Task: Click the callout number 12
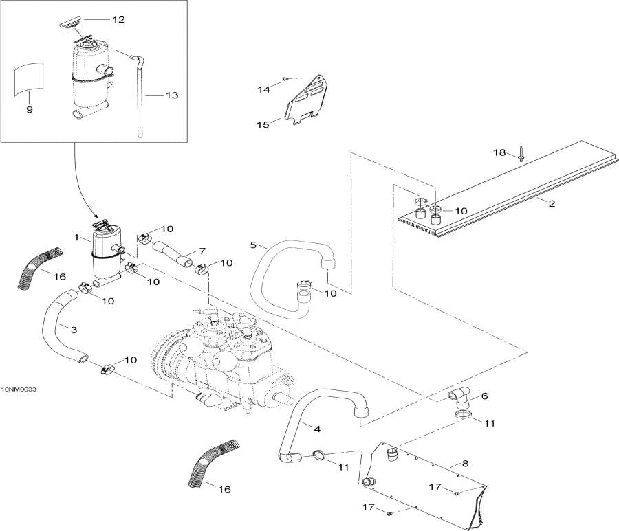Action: (118, 19)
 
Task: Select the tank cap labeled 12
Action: (71, 24)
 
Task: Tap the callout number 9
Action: (29, 109)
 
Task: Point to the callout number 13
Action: (172, 95)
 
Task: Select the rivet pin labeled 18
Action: (522, 157)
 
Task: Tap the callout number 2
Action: (551, 203)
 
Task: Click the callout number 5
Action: (254, 245)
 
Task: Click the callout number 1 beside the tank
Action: (77, 238)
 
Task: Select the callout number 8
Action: (466, 464)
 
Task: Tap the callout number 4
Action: (316, 429)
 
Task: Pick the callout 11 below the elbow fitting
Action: (488, 424)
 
